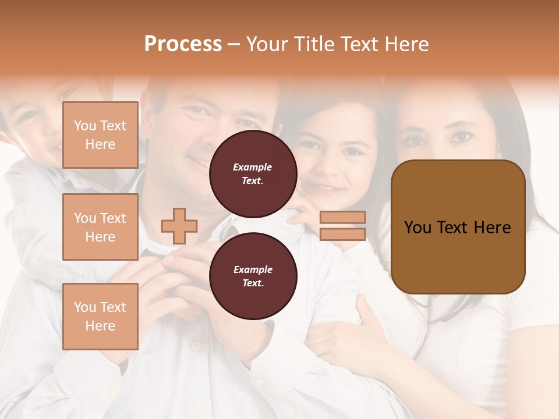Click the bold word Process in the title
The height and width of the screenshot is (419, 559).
click(183, 44)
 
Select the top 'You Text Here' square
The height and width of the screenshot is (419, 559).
click(100, 135)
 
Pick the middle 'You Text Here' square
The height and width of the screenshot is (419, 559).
click(100, 227)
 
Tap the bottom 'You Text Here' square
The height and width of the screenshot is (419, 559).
click(100, 317)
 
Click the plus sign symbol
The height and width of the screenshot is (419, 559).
click(179, 226)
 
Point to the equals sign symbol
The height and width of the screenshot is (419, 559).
click(342, 226)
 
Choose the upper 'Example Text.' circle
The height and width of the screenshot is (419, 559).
click(253, 174)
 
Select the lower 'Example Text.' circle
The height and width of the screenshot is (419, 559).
click(253, 276)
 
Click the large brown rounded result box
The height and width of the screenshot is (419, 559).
click(458, 226)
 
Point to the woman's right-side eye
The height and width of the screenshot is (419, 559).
click(462, 137)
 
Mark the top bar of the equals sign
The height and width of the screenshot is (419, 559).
click(342, 218)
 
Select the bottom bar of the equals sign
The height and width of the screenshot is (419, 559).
click(342, 234)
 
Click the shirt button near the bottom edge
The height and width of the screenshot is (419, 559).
click(196, 347)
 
